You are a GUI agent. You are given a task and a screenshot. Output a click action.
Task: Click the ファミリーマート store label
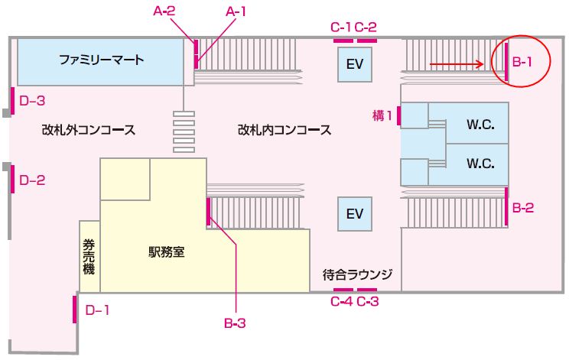101,60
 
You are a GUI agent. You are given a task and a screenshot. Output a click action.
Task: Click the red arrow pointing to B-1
456,65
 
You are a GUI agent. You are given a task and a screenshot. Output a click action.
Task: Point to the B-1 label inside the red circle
522,62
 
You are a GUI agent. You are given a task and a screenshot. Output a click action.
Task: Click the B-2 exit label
523,206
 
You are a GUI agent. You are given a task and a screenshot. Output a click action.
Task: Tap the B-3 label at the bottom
235,323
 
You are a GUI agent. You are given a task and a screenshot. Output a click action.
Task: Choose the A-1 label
239,11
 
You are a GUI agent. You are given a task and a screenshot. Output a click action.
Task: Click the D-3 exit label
32,99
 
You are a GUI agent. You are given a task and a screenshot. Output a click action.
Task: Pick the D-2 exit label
32,180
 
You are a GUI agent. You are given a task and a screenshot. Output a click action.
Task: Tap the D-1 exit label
97,310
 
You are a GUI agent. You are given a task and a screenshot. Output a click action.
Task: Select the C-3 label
368,302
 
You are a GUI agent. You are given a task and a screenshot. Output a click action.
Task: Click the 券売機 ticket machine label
89,258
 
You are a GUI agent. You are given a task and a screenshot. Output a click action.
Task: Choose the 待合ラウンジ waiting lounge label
357,274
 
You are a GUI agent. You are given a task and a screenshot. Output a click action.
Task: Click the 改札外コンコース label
89,130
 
